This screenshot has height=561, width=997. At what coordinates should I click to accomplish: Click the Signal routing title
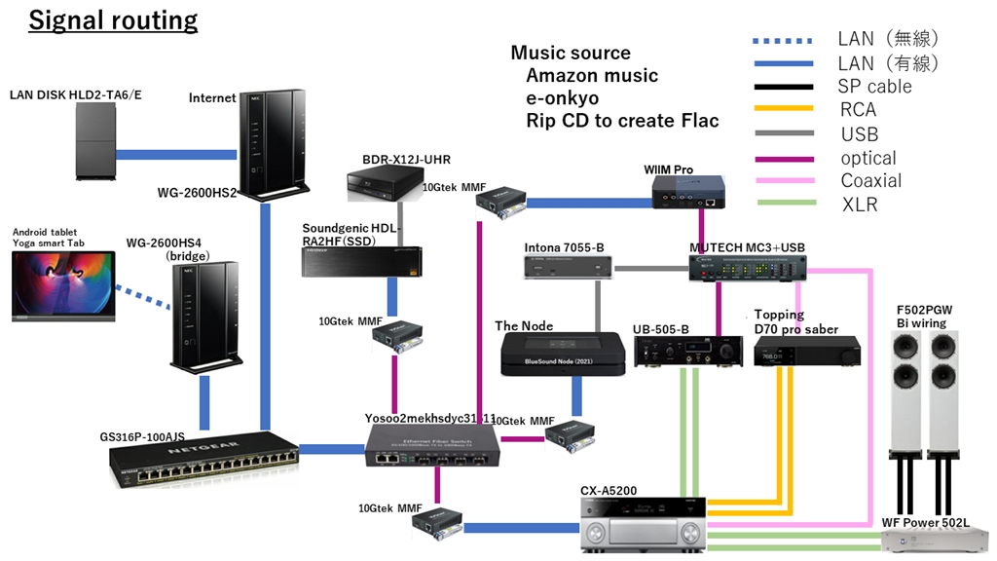(113, 19)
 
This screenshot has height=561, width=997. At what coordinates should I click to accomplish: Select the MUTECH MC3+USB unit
(751, 267)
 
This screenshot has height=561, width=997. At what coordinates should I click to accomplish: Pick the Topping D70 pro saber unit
(807, 352)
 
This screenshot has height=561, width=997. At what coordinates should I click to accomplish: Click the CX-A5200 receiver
(642, 524)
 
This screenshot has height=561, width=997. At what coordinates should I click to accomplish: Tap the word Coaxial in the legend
(871, 181)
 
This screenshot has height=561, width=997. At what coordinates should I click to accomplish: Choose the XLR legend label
(859, 205)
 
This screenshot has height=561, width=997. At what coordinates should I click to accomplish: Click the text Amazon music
(592, 76)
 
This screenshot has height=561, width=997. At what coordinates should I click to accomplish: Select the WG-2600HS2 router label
(198, 192)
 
